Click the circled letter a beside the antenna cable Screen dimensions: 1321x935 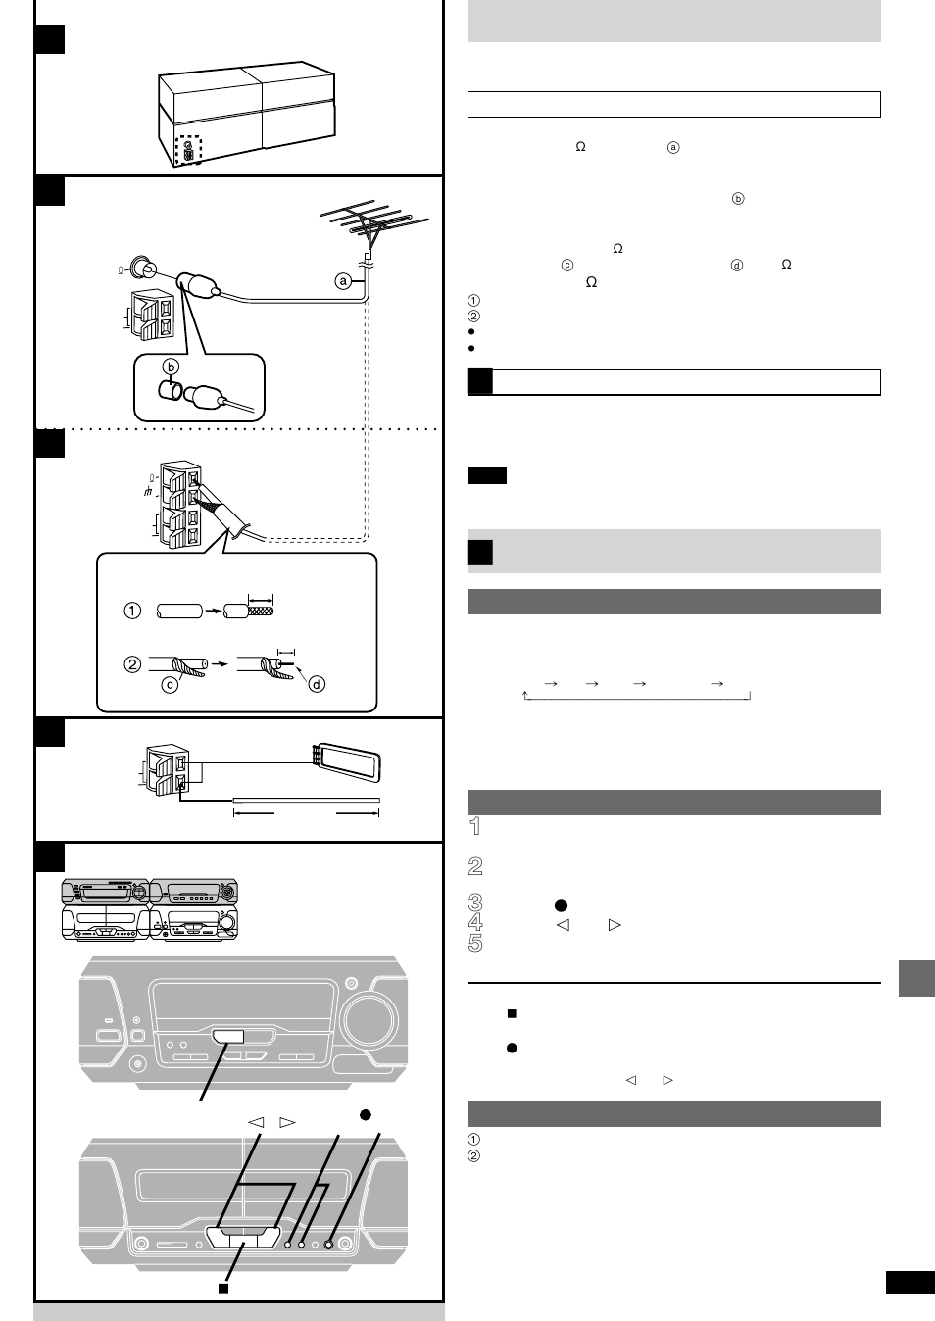pyautogui.click(x=343, y=281)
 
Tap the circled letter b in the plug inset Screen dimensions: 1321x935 pyautogui.click(x=171, y=367)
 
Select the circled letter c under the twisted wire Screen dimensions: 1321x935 pyautogui.click(x=170, y=684)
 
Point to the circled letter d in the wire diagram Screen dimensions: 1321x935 pyautogui.click(x=316, y=684)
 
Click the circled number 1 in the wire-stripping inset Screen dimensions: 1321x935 pyautogui.click(x=132, y=611)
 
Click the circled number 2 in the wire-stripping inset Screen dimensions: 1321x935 pyautogui.click(x=132, y=664)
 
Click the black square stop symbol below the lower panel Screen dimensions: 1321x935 pyautogui.click(x=222, y=1287)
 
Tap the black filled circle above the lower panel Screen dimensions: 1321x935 pyautogui.click(x=365, y=1114)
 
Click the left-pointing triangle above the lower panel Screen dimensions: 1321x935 pyautogui.click(x=256, y=1122)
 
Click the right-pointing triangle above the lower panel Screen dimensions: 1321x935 pyautogui.click(x=287, y=1122)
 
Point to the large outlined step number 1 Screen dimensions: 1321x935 pyautogui.click(x=475, y=826)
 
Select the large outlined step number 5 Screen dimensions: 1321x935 pyautogui.click(x=475, y=943)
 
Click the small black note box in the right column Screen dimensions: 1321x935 pyautogui.click(x=486, y=476)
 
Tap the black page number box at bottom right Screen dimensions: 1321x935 pyautogui.click(x=910, y=1283)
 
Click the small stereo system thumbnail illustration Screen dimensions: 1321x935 pyautogui.click(x=149, y=909)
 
